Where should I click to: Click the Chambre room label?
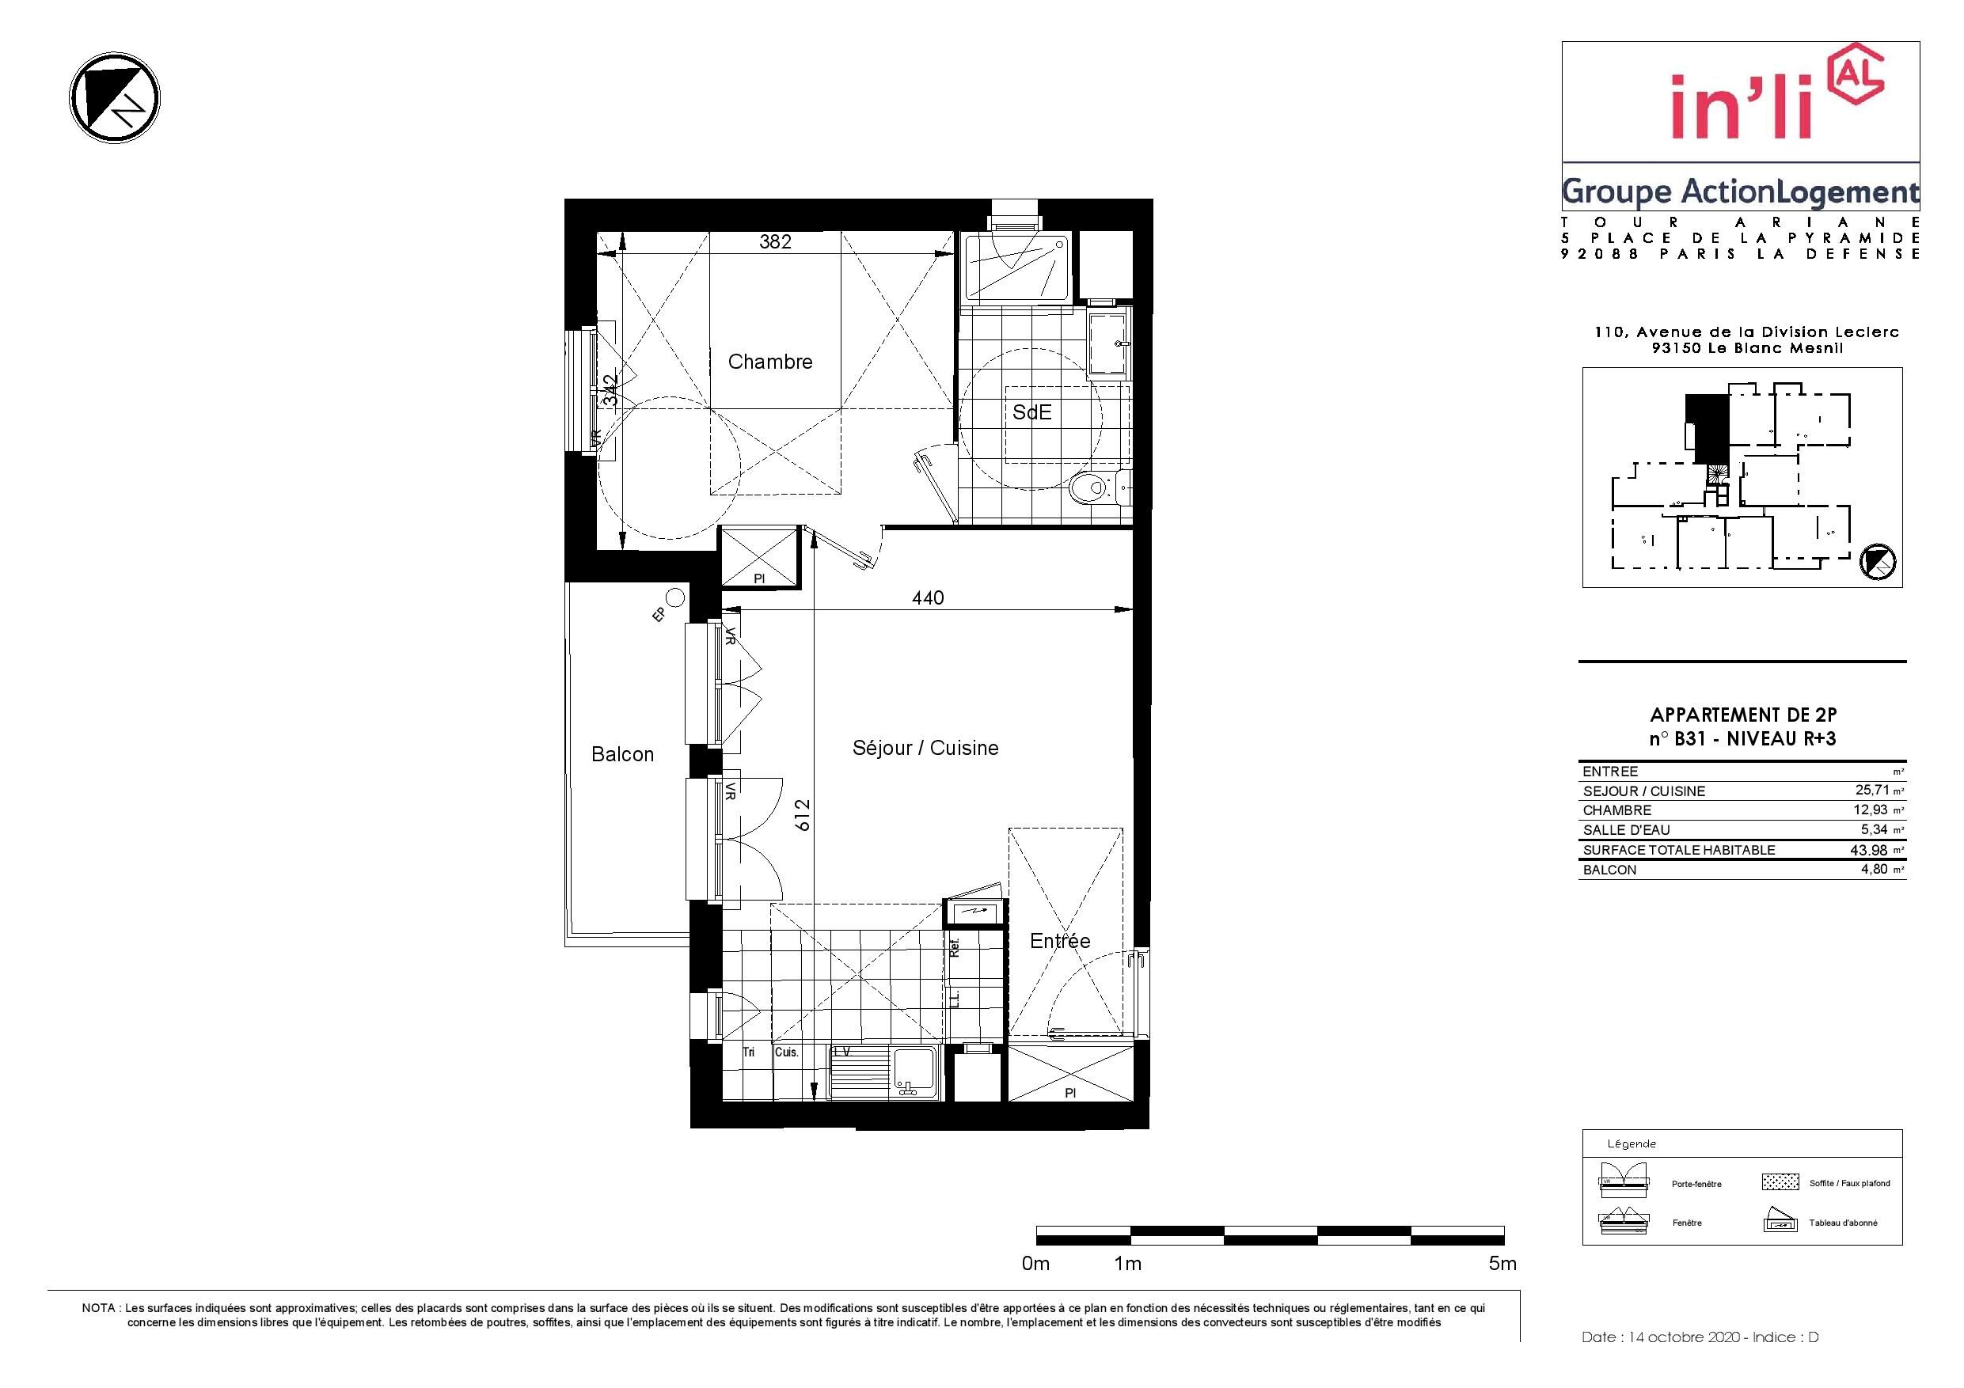pyautogui.click(x=770, y=362)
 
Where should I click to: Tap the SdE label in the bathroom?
pyautogui.click(x=1031, y=412)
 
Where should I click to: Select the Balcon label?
pyautogui.click(x=623, y=754)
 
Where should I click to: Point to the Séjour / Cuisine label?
pyautogui.click(x=925, y=749)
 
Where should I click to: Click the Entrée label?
pyautogui.click(x=1060, y=941)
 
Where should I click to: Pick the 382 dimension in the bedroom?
pyautogui.click(x=775, y=242)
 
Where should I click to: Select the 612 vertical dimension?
pyautogui.click(x=801, y=815)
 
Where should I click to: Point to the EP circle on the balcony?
pyautogui.click(x=676, y=597)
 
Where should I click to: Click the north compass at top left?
pyautogui.click(x=115, y=97)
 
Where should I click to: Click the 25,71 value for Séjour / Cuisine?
pyautogui.click(x=1871, y=791)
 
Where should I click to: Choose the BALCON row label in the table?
pyautogui.click(x=1610, y=870)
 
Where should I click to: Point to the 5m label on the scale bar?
pyautogui.click(x=1503, y=1263)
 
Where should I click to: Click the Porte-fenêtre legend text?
pyautogui.click(x=1696, y=1185)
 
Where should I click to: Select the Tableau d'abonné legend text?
pyautogui.click(x=1844, y=1223)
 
